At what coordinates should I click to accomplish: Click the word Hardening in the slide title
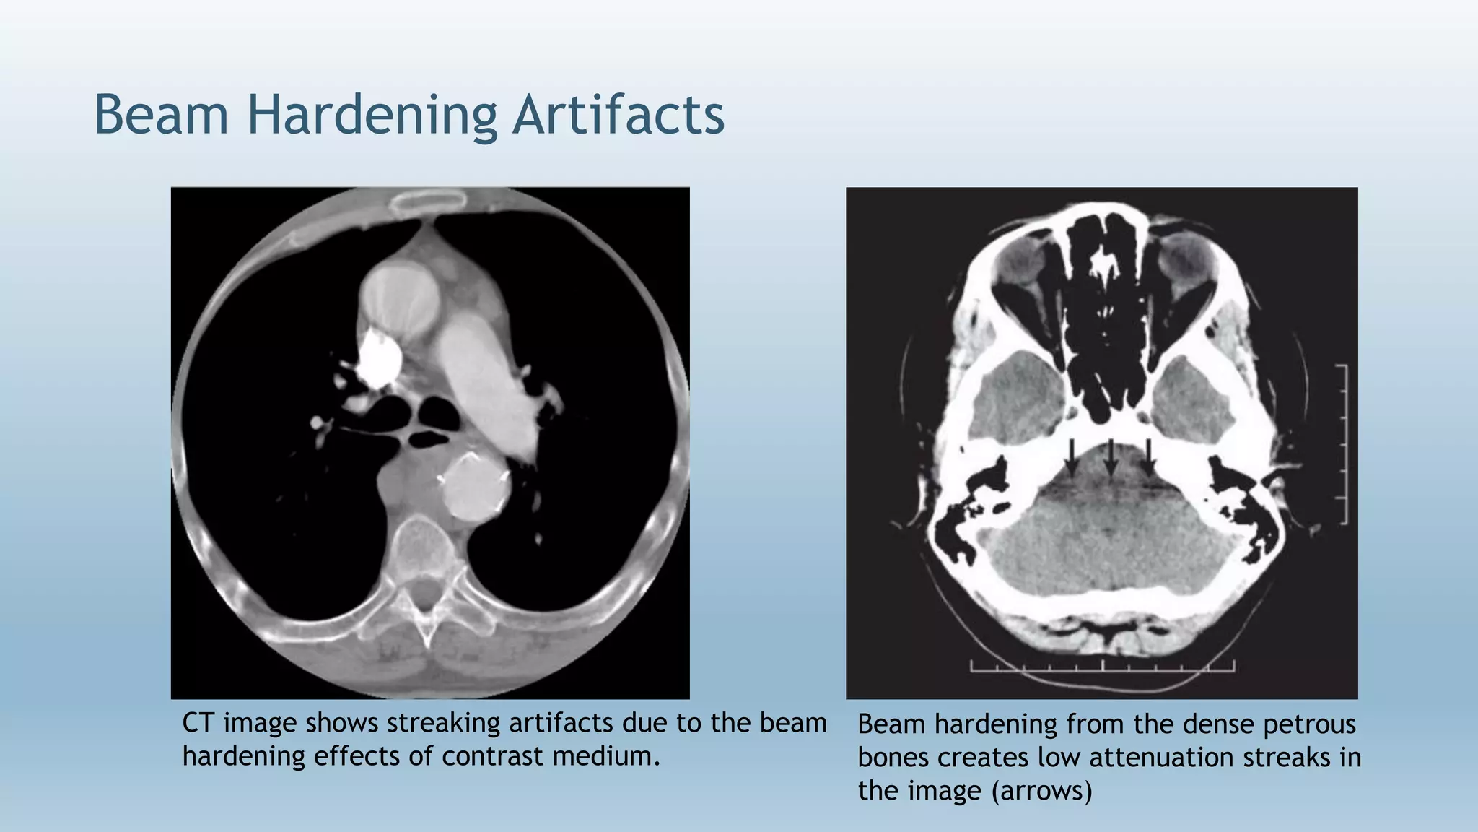[372, 116]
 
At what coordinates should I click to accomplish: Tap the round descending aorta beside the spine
[472, 485]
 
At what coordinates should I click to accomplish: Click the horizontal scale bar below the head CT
[1102, 667]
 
